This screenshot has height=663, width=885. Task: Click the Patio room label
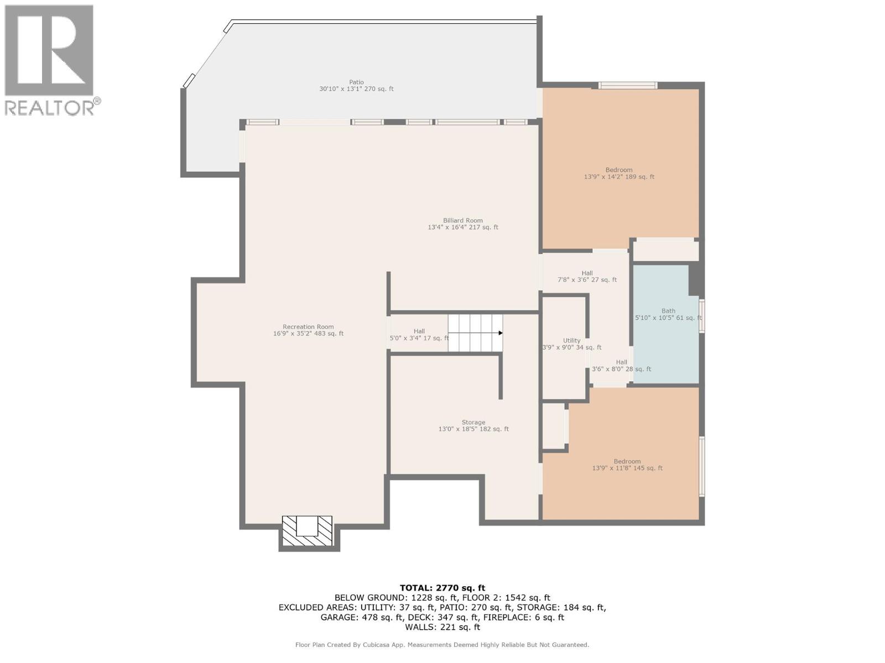(x=356, y=86)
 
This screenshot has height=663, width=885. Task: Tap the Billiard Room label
(x=463, y=224)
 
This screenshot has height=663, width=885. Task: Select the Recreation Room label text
(x=308, y=330)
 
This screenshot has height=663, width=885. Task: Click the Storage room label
(x=473, y=425)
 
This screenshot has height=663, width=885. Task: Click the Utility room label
(x=571, y=344)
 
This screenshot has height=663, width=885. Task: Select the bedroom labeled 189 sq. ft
(x=619, y=173)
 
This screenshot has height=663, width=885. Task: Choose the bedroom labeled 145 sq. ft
(x=627, y=465)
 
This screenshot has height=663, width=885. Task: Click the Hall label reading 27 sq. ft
(x=587, y=276)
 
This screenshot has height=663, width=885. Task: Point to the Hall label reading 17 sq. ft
(x=419, y=335)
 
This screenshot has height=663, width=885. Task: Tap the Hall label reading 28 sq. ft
(x=621, y=366)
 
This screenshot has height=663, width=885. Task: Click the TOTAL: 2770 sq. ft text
(x=442, y=588)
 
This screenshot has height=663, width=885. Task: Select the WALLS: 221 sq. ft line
(x=442, y=627)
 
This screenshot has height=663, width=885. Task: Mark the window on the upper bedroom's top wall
(x=628, y=85)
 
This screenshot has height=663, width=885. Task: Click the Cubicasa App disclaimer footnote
(x=442, y=645)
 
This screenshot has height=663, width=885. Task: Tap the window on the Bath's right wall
(x=701, y=316)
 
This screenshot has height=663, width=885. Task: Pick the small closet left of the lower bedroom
(x=553, y=426)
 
